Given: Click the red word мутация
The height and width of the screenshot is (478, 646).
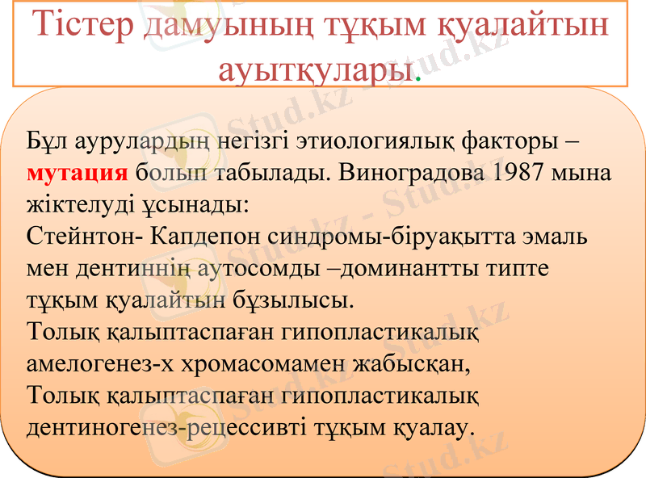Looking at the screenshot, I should tap(77, 173).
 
